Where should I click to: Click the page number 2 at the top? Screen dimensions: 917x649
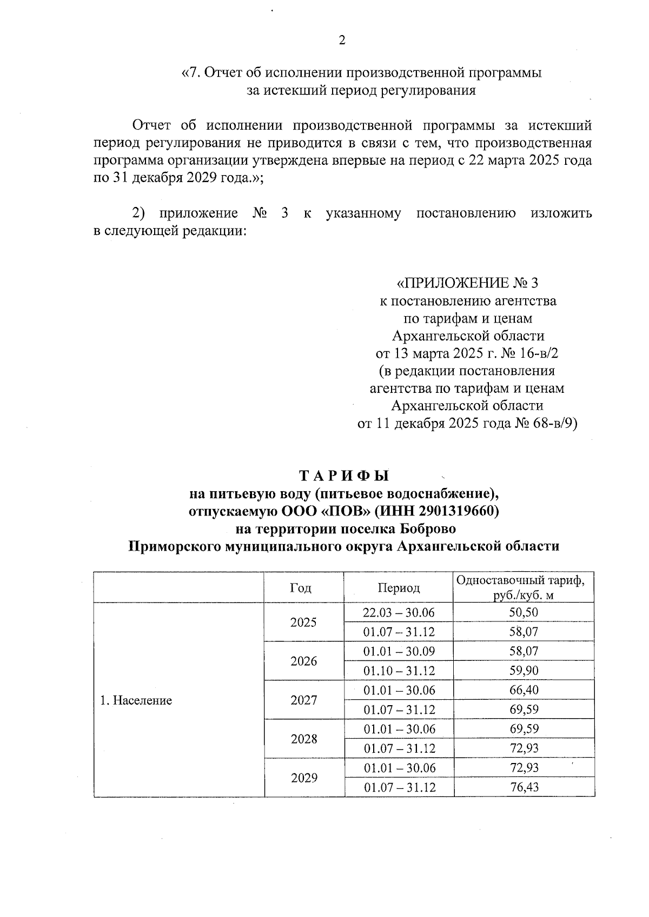point(341,41)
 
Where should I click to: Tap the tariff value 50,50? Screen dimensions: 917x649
point(524,612)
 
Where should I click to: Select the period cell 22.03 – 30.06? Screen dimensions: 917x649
point(399,612)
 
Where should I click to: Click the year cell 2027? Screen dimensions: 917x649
point(303,700)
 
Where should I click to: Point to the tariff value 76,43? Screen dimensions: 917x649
point(524,787)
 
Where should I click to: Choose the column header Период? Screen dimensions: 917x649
point(399,588)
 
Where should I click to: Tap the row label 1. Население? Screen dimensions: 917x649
point(136,701)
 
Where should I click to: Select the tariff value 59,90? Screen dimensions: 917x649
point(524,671)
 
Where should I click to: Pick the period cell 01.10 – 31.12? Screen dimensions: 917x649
point(399,671)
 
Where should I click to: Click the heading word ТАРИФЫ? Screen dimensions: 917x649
point(344,476)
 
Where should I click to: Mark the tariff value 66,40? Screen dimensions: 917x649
point(524,690)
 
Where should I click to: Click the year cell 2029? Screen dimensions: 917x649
point(303,778)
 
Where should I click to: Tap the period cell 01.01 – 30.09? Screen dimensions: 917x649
point(399,651)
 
